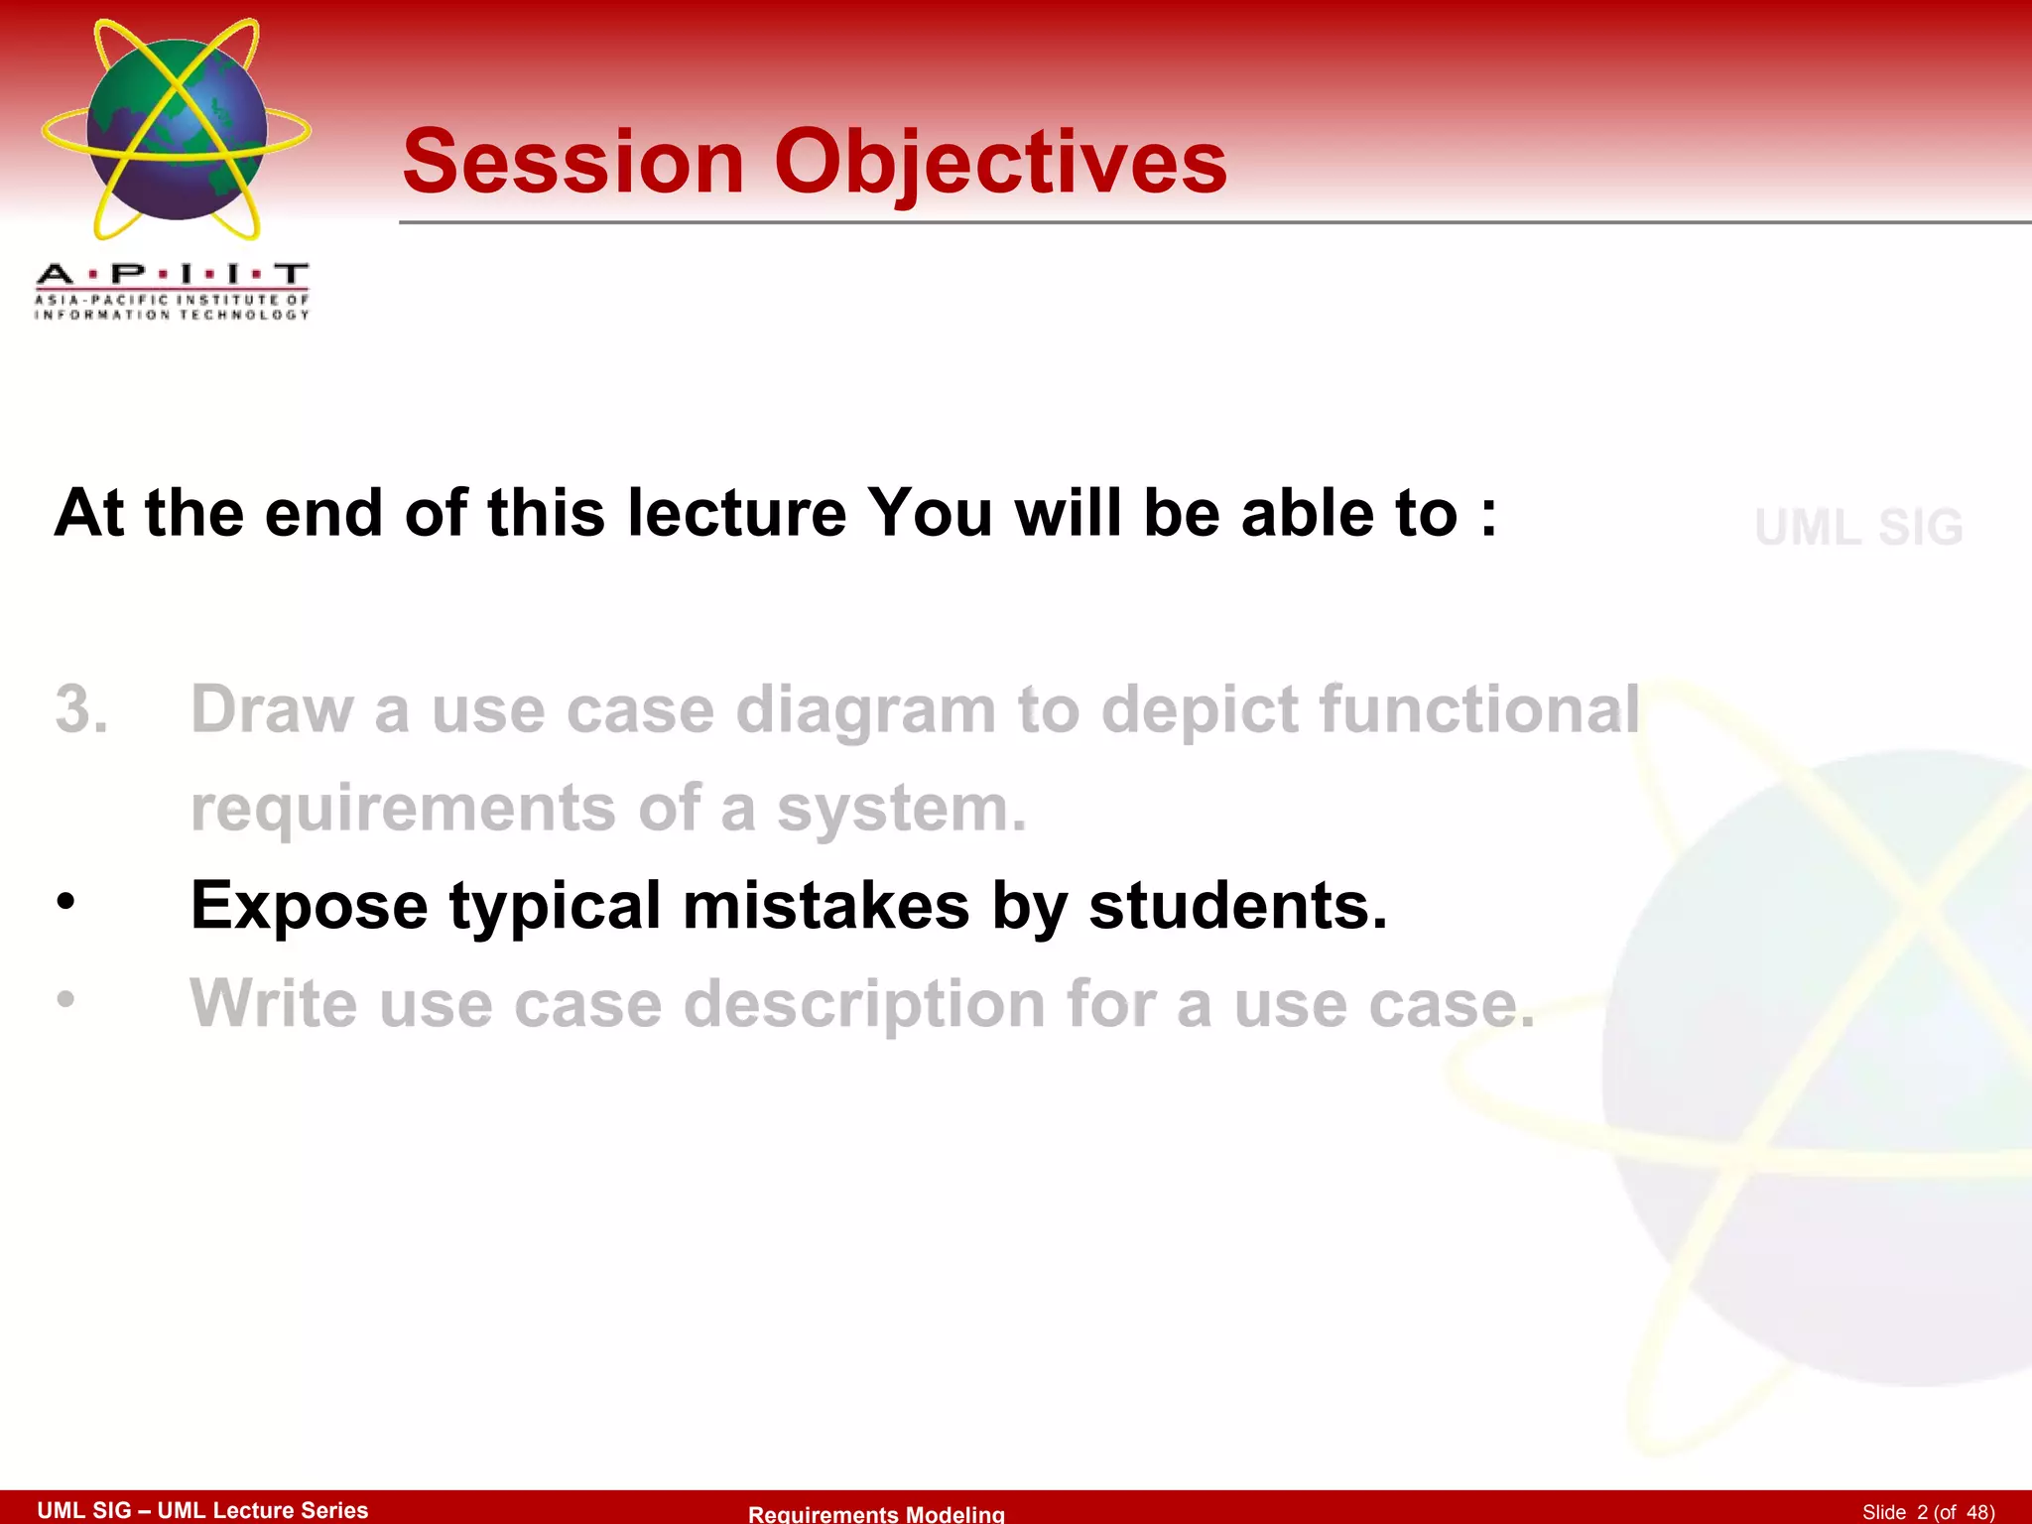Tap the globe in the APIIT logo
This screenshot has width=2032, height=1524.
point(177,129)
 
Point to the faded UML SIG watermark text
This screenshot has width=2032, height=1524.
point(1858,527)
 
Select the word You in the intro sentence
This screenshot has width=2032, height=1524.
point(930,513)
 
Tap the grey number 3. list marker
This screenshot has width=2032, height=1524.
point(81,709)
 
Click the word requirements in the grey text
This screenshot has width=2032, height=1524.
point(403,808)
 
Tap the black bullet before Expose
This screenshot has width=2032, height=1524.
point(65,902)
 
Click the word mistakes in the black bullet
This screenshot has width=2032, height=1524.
point(825,905)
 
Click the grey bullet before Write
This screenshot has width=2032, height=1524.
point(65,999)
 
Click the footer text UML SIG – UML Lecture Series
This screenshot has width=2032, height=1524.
point(202,1510)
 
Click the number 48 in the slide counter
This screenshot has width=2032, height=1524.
point(1978,1512)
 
